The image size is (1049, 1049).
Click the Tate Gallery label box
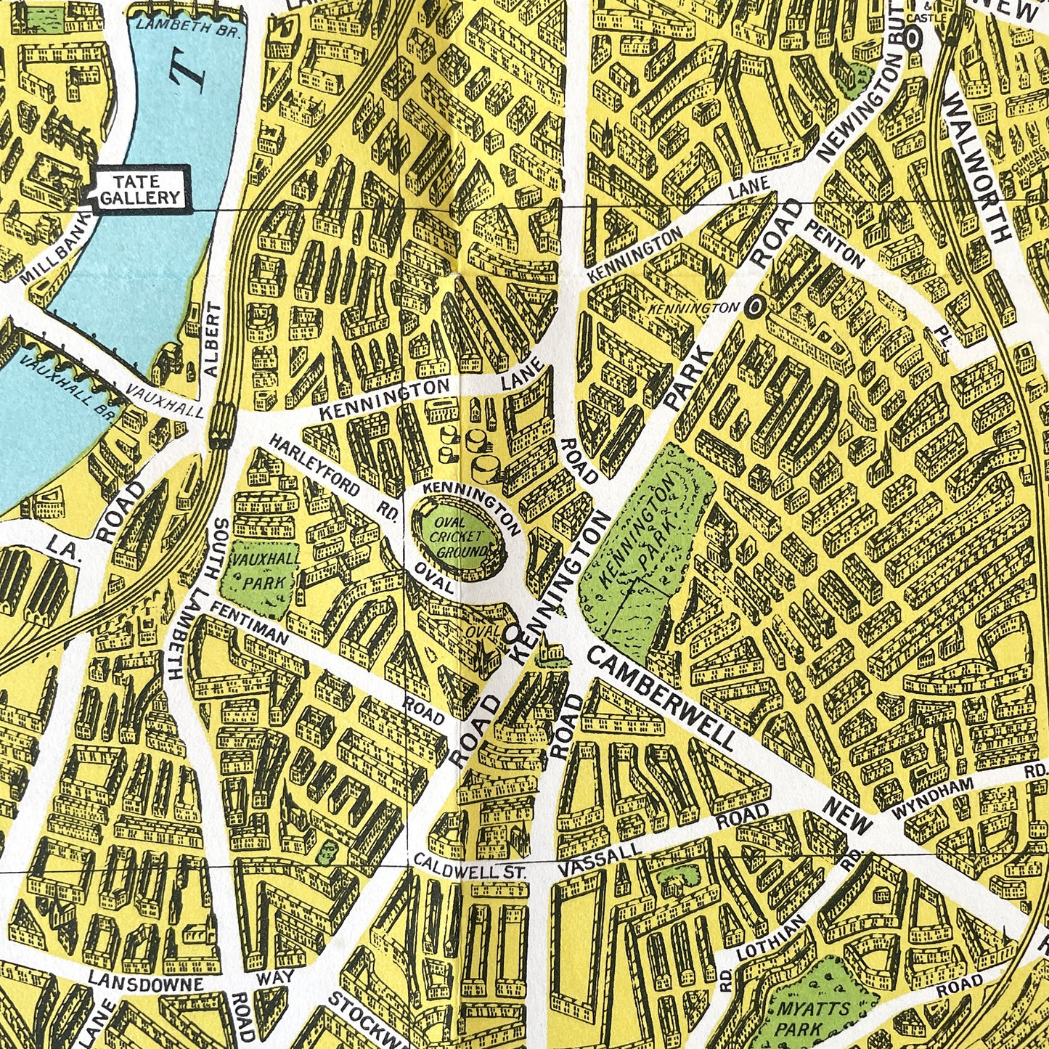[x=139, y=189]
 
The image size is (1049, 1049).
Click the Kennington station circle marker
[x=756, y=307]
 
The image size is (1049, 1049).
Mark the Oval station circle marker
[x=510, y=633]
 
